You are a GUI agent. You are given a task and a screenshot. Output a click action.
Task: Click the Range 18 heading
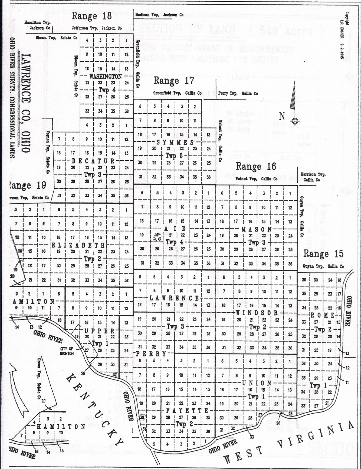pos(92,16)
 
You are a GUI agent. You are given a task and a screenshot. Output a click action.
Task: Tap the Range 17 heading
pos(174,81)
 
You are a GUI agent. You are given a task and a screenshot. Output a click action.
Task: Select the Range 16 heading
pos(256,166)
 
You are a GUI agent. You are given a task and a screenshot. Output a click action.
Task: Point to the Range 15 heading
pos(323,254)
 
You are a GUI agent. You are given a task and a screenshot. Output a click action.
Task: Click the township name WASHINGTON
pos(106,77)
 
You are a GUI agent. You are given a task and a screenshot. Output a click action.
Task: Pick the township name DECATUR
pos(93,161)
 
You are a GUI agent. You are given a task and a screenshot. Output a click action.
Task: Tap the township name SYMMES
pos(175,142)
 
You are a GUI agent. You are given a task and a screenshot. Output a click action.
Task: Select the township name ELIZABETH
pos(78,245)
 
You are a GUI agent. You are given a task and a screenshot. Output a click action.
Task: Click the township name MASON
pos(257,229)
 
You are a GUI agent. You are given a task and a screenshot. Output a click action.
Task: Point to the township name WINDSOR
pos(257,313)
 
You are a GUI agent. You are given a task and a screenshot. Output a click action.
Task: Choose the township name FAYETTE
pos(187,411)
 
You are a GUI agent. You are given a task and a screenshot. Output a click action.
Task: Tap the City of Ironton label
pos(67,351)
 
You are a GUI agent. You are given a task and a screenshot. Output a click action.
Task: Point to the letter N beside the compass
pos(282,116)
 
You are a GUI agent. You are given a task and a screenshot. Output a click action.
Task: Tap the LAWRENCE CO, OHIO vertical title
pos(26,103)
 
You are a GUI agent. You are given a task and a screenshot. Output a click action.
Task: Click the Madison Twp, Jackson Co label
pos(159,15)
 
